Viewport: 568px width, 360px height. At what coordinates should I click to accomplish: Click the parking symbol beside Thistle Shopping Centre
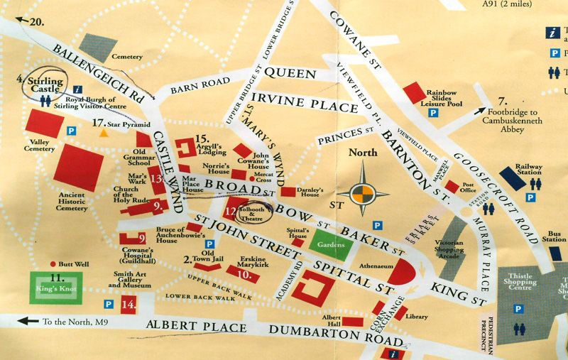pos(518,309)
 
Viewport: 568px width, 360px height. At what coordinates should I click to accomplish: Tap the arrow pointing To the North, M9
pos(28,321)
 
